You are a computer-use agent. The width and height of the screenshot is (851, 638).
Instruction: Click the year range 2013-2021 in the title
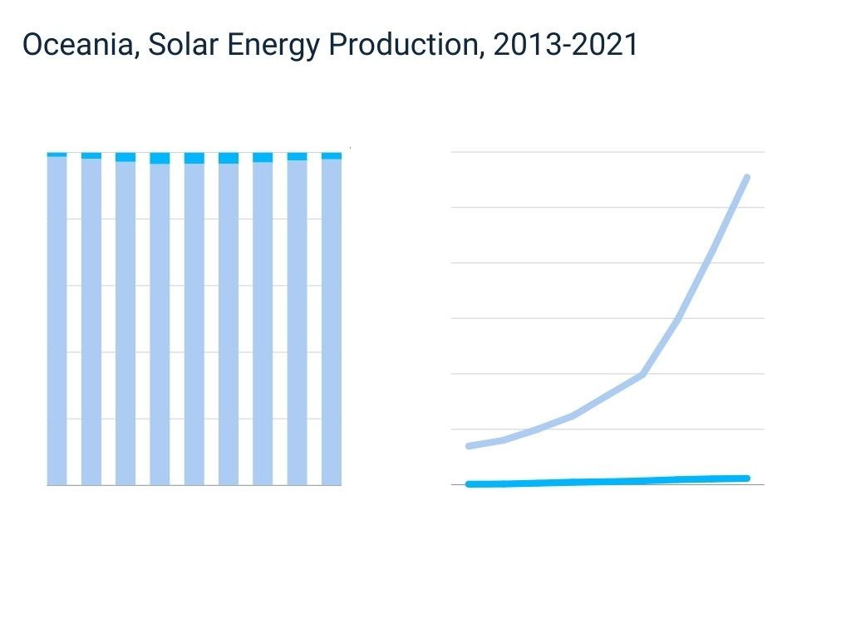[565, 45]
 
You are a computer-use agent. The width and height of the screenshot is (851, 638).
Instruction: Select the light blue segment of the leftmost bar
[57, 320]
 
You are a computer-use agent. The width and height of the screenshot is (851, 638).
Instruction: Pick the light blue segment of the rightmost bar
[332, 321]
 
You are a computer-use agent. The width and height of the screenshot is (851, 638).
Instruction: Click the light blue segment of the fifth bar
[194, 324]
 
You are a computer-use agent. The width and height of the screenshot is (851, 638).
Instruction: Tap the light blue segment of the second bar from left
[91, 321]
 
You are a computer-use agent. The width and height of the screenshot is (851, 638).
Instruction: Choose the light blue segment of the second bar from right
[297, 321]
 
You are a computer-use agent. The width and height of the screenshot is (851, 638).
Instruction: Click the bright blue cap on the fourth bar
[160, 158]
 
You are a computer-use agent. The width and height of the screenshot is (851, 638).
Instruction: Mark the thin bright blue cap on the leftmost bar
[57, 155]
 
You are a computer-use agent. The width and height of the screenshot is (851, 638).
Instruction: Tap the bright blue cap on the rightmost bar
[332, 155]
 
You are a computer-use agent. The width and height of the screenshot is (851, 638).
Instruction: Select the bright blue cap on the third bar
[125, 157]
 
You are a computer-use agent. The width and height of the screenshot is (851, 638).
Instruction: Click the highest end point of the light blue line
[747, 178]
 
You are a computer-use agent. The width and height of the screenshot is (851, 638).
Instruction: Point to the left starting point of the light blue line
[470, 446]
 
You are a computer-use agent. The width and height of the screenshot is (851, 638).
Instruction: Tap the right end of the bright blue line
[747, 478]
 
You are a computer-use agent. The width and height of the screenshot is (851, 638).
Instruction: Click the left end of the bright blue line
[470, 483]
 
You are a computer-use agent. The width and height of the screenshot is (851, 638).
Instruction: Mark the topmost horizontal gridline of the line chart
[607, 152]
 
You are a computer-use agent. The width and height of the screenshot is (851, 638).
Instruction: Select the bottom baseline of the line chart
[607, 485]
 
